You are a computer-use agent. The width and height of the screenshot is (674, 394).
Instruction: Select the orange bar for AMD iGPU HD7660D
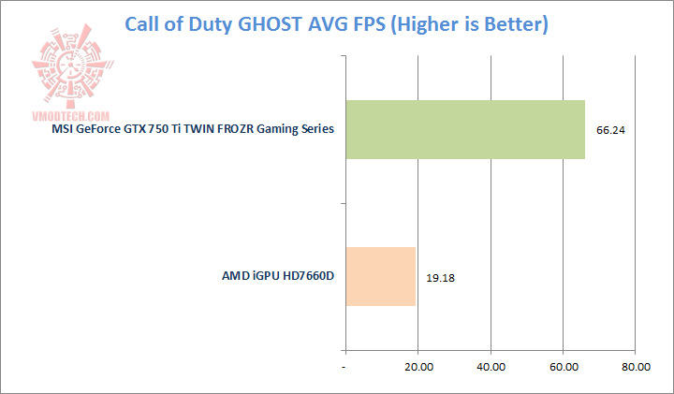pos(380,276)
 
